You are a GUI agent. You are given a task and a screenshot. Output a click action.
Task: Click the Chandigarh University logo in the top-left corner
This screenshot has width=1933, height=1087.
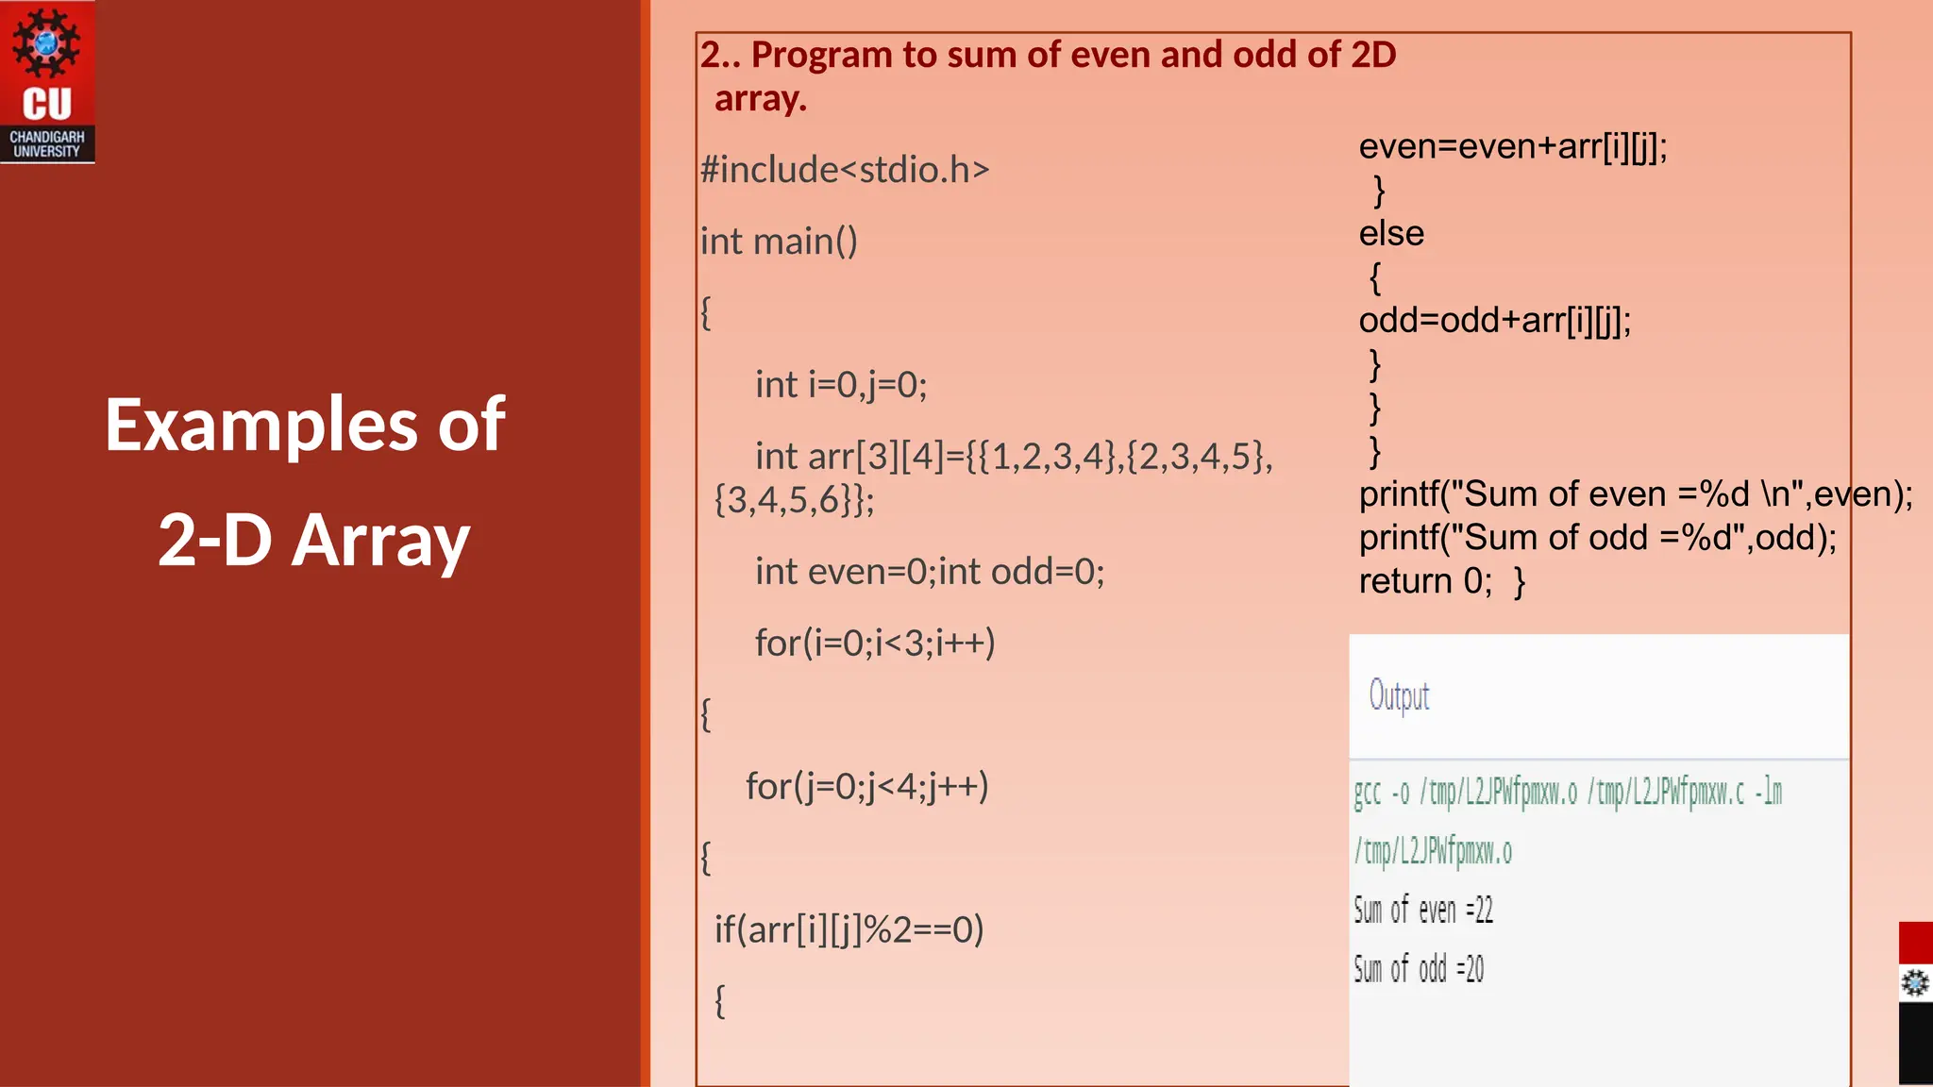47,82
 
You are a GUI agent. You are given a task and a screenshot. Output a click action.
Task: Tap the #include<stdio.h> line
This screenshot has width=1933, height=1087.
845,170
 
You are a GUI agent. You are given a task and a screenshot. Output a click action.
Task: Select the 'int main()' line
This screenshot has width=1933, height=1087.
779,242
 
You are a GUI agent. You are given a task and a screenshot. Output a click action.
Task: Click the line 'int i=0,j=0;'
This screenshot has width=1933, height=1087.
841,385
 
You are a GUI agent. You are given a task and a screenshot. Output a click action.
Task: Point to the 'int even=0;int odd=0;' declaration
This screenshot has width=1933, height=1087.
930,572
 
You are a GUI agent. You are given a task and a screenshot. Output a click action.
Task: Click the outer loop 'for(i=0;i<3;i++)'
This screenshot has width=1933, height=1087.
875,644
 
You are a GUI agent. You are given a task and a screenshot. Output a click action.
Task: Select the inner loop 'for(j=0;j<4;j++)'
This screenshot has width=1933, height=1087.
866,786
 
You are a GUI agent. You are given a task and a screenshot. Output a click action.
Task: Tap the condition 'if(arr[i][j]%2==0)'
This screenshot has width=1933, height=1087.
849,930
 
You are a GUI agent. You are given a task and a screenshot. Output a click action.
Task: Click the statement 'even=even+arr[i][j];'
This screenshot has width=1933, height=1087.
1513,147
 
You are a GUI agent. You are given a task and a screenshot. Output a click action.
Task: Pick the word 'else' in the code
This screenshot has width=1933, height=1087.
1391,234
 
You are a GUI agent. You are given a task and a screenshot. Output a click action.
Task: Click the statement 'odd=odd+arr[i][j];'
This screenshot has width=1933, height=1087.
1495,321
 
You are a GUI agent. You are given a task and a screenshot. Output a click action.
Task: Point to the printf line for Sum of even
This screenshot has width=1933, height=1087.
1636,494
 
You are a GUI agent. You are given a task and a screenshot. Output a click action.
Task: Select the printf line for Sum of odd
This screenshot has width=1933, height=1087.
1598,538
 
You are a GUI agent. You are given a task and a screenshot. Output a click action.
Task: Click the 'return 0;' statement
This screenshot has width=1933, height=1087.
1425,581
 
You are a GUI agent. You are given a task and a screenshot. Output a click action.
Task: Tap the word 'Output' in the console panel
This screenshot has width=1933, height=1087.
1399,696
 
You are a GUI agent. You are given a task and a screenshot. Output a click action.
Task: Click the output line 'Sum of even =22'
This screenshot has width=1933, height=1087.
1423,911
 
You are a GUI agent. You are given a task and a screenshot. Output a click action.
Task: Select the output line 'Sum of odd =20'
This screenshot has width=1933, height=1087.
1419,969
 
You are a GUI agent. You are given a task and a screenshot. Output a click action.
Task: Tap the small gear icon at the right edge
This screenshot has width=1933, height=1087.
1915,983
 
